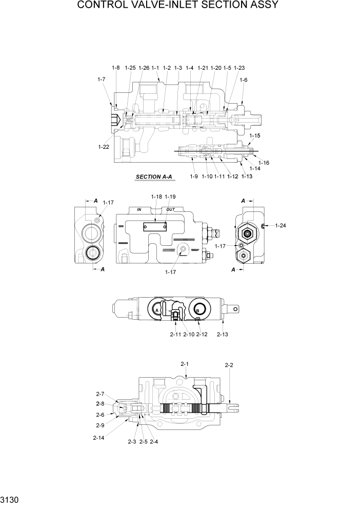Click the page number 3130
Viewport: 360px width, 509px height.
[11, 499]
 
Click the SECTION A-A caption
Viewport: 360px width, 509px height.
[154, 177]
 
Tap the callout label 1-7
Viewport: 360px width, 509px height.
[101, 79]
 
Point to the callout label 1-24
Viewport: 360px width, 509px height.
[281, 225]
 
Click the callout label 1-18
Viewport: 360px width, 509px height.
[156, 197]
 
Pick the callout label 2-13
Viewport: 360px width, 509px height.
[222, 335]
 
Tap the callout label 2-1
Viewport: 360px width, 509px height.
[185, 364]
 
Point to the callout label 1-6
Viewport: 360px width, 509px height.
[243, 80]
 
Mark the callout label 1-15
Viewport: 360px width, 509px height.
[255, 135]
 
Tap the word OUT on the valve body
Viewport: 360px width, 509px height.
[171, 210]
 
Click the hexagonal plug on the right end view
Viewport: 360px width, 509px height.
[248, 233]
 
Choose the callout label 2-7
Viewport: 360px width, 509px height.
[99, 394]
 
